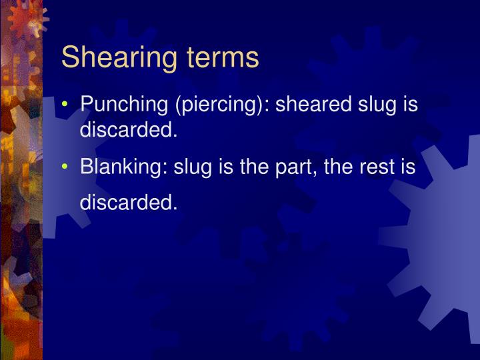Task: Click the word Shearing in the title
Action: [x=109, y=59]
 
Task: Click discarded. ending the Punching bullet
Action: [x=129, y=130]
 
